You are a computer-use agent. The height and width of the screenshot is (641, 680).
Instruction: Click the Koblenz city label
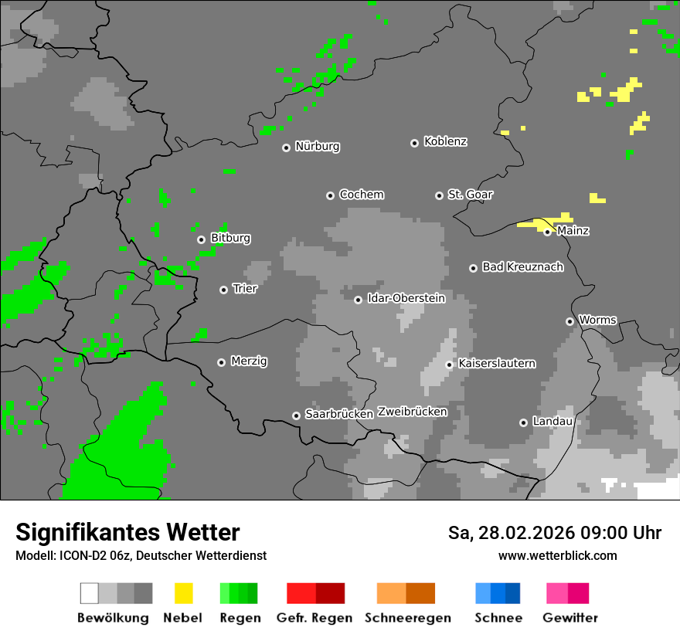click(x=445, y=141)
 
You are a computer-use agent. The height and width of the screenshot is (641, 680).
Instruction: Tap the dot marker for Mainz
click(x=547, y=232)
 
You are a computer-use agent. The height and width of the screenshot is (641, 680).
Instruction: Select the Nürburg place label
click(x=317, y=146)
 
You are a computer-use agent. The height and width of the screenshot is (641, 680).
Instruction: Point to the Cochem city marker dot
click(x=330, y=195)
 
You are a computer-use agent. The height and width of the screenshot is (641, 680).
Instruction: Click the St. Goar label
click(x=470, y=195)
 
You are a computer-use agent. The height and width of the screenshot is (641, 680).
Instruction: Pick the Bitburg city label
click(x=230, y=238)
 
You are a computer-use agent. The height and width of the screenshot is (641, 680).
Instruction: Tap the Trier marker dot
click(x=223, y=290)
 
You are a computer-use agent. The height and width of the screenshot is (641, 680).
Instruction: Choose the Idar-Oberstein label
click(x=406, y=298)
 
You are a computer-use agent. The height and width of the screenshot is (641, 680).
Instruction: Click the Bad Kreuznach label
click(x=522, y=267)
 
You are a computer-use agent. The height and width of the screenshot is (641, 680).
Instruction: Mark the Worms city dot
click(x=569, y=321)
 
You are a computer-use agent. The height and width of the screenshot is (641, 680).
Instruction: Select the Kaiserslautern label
click(x=496, y=363)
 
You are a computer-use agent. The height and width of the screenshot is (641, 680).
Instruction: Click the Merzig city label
click(x=250, y=361)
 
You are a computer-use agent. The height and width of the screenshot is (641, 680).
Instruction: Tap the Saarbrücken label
click(x=338, y=414)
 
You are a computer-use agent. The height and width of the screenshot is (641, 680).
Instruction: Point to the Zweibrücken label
click(x=412, y=412)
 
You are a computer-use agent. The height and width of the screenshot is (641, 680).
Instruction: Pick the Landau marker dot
click(x=523, y=422)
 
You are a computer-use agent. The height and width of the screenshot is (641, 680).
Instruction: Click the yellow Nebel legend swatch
click(x=183, y=593)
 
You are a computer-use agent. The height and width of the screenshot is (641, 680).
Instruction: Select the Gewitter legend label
click(x=569, y=618)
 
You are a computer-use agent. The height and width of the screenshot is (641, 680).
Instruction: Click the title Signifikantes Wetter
click(x=127, y=532)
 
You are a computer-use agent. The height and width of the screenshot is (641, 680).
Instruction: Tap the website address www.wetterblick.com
click(x=557, y=555)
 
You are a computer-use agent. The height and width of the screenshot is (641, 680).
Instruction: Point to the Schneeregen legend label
click(x=407, y=618)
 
